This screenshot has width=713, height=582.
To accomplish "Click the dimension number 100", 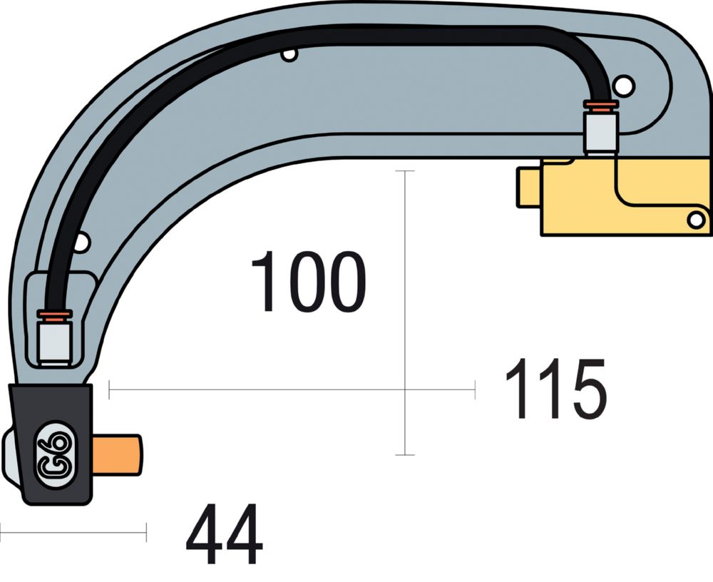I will pos(308,282).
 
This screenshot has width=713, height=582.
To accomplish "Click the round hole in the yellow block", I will pos(695,220).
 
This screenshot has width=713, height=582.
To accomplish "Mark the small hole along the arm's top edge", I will pos(289,54).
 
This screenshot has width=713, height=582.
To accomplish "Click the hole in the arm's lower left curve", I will pos(81,243).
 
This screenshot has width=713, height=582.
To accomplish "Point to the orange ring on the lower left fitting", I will pos(54,316).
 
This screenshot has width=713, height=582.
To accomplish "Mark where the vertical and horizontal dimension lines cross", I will pos(405,389).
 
